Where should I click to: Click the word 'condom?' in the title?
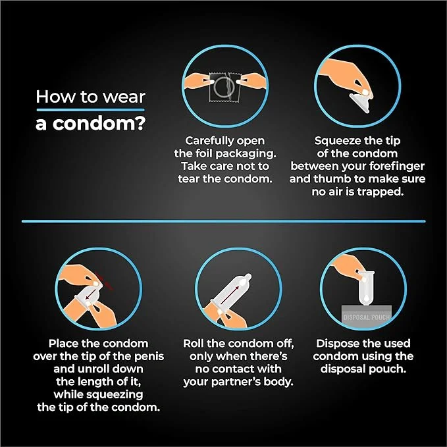[99, 124]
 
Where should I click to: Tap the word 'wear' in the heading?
[124, 97]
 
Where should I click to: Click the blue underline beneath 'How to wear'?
[90, 110]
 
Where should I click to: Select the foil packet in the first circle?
[225, 87]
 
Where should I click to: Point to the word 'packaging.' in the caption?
[246, 154]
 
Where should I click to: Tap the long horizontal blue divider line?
[224, 221]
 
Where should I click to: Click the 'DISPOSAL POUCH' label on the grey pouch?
[366, 317]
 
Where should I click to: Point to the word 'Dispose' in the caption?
[335, 344]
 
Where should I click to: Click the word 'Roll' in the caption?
[194, 344]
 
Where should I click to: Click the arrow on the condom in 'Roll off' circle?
[230, 296]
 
